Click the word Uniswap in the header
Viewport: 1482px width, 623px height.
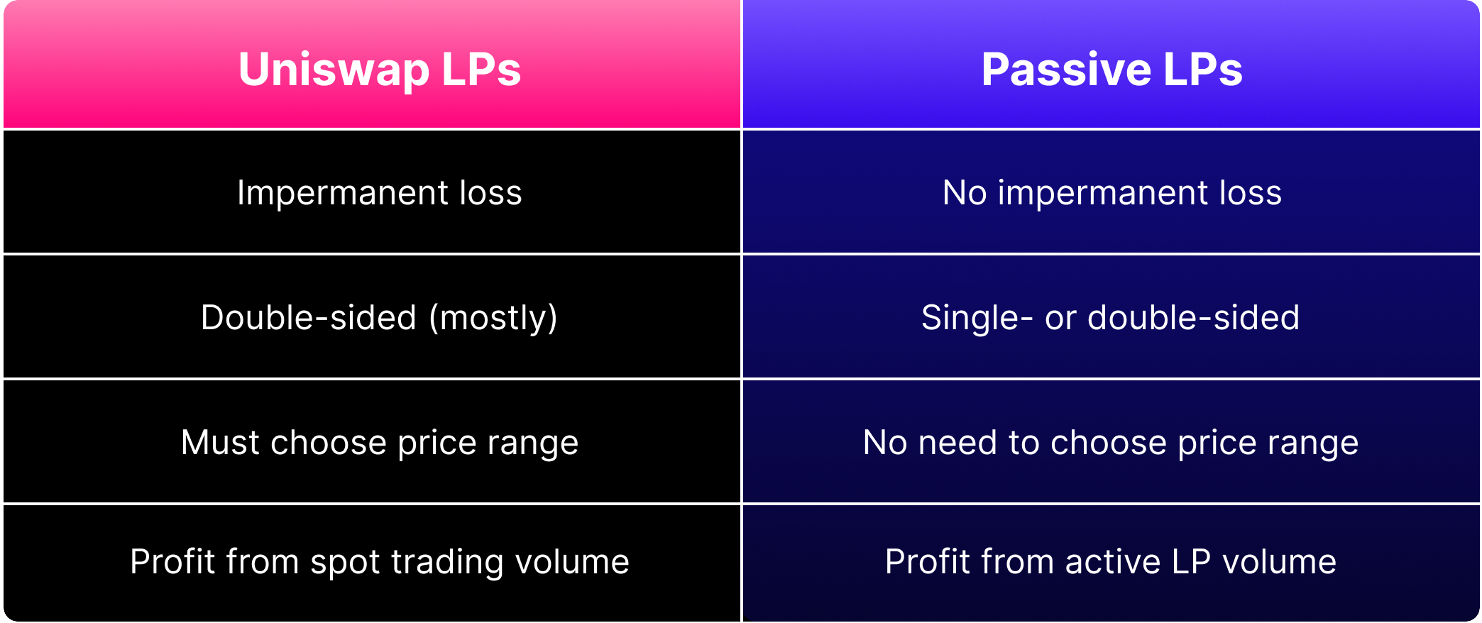(334, 70)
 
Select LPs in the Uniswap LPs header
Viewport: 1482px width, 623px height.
(482, 70)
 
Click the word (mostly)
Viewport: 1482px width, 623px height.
(493, 318)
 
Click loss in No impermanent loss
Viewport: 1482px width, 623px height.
(1251, 193)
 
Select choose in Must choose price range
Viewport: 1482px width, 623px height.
(329, 443)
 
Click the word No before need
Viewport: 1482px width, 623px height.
(885, 443)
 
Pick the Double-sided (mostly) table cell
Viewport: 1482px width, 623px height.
(372, 316)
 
